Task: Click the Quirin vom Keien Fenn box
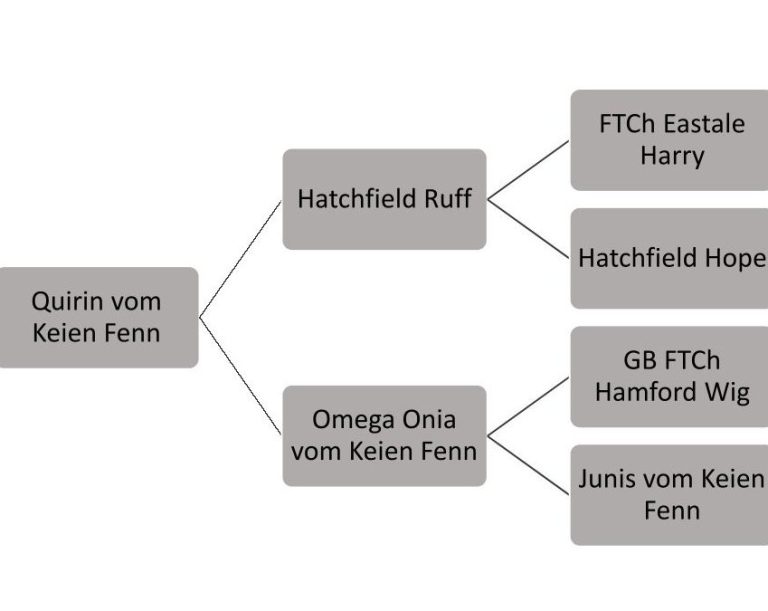(97, 317)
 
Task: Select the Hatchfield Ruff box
(384, 199)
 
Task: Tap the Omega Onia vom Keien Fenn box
(384, 435)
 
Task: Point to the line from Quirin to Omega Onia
(241, 376)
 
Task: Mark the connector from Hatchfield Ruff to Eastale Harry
(528, 170)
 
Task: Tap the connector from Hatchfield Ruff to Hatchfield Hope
(528, 229)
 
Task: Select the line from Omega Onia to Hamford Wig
(528, 406)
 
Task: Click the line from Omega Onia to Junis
(528, 464)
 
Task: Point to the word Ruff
(448, 199)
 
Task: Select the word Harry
(672, 156)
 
